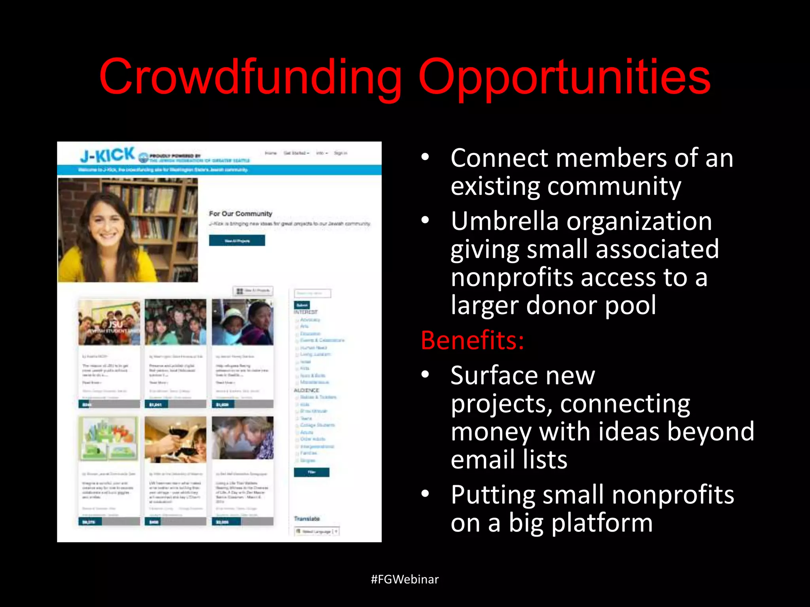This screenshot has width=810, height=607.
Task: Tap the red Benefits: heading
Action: [472, 340]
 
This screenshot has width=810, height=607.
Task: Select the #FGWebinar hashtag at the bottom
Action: [405, 579]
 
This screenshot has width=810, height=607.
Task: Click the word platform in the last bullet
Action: [602, 523]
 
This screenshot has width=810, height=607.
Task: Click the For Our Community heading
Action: [240, 214]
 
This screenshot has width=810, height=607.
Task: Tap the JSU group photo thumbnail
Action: [109, 322]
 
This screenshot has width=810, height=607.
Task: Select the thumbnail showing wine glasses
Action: [175, 439]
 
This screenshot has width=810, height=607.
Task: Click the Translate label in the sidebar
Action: [307, 518]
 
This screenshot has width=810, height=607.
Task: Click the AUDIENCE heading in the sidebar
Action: [306, 390]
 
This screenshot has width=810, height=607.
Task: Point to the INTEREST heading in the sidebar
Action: [305, 312]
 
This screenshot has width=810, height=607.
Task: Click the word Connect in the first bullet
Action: [499, 158]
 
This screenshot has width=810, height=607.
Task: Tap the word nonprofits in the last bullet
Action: [672, 495]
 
